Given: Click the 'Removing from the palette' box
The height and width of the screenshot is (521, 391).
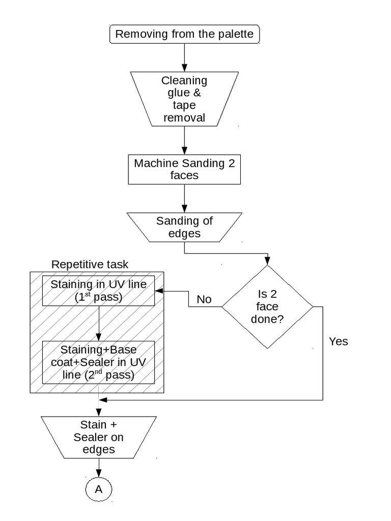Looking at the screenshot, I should (184, 34).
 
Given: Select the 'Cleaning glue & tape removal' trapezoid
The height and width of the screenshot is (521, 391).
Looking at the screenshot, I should (184, 99).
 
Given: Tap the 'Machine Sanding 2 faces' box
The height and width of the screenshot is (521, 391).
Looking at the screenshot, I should (184, 169).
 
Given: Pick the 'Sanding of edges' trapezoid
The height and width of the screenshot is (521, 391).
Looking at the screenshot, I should (184, 227).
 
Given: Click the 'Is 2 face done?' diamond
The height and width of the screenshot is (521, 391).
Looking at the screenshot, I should (268, 307).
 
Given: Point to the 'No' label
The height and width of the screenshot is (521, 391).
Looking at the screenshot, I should (204, 299).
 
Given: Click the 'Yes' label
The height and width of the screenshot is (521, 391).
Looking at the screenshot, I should (339, 341).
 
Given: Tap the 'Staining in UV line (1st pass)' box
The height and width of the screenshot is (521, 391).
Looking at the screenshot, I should (99, 291).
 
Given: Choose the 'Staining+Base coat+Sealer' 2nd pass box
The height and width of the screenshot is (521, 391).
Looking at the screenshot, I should (99, 363).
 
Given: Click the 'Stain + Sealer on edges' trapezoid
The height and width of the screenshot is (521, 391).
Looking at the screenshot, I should (99, 437).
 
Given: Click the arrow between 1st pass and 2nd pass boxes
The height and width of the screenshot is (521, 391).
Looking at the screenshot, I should (99, 323).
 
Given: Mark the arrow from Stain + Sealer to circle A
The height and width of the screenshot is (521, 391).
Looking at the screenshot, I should (99, 467).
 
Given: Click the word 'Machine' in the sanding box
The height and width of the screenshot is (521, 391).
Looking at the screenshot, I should (154, 163).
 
